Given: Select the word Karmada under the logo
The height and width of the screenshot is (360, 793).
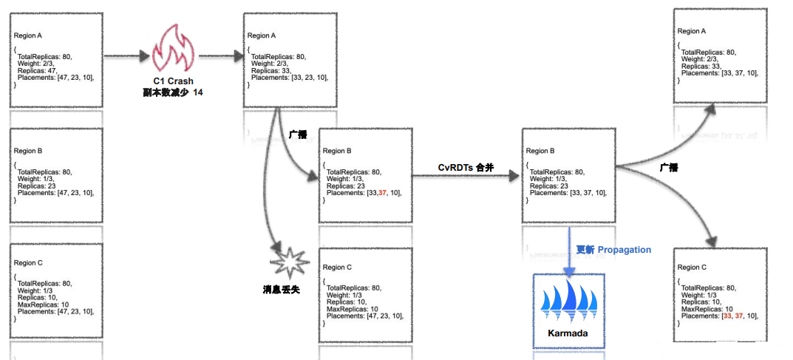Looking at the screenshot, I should click(568, 333).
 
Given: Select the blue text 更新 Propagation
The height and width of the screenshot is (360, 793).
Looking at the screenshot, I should click(613, 250).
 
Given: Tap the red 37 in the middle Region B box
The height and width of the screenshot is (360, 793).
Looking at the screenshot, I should click(383, 193).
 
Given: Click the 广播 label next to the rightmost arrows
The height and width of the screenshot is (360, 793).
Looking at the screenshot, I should click(669, 168).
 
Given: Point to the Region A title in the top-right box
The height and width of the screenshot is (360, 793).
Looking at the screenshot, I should click(692, 31).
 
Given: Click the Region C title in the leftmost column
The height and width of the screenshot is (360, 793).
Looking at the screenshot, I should click(29, 262).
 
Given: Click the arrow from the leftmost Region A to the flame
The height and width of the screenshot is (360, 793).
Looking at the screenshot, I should click(126, 55).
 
